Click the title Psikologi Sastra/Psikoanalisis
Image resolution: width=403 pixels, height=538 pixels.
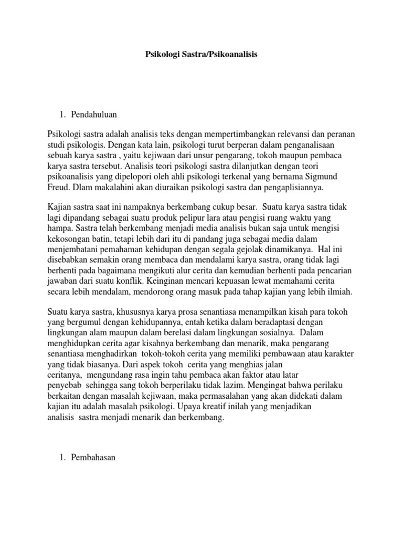point(201,54)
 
